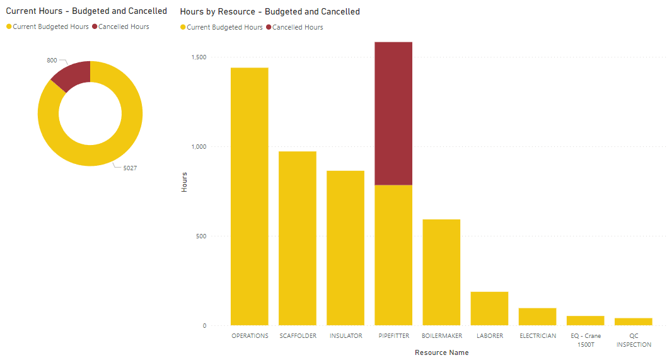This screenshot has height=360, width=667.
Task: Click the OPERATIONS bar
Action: coord(249,196)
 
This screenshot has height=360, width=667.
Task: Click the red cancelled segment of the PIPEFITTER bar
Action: coord(393,113)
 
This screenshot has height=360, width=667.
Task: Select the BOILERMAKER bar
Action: coord(441,272)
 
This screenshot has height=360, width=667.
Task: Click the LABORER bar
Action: coord(489,308)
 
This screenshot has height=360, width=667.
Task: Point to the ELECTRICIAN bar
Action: coord(537,316)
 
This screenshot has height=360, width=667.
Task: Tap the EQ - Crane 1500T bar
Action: coord(585,320)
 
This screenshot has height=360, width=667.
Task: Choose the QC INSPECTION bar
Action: coord(633,322)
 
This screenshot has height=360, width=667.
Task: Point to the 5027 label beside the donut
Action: coord(130,168)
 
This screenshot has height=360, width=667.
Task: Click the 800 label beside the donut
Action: coord(52,61)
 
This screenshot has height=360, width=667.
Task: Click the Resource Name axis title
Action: coord(441,352)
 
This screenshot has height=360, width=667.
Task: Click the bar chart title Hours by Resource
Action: coord(270,11)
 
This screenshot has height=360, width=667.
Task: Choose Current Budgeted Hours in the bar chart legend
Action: coord(224,28)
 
